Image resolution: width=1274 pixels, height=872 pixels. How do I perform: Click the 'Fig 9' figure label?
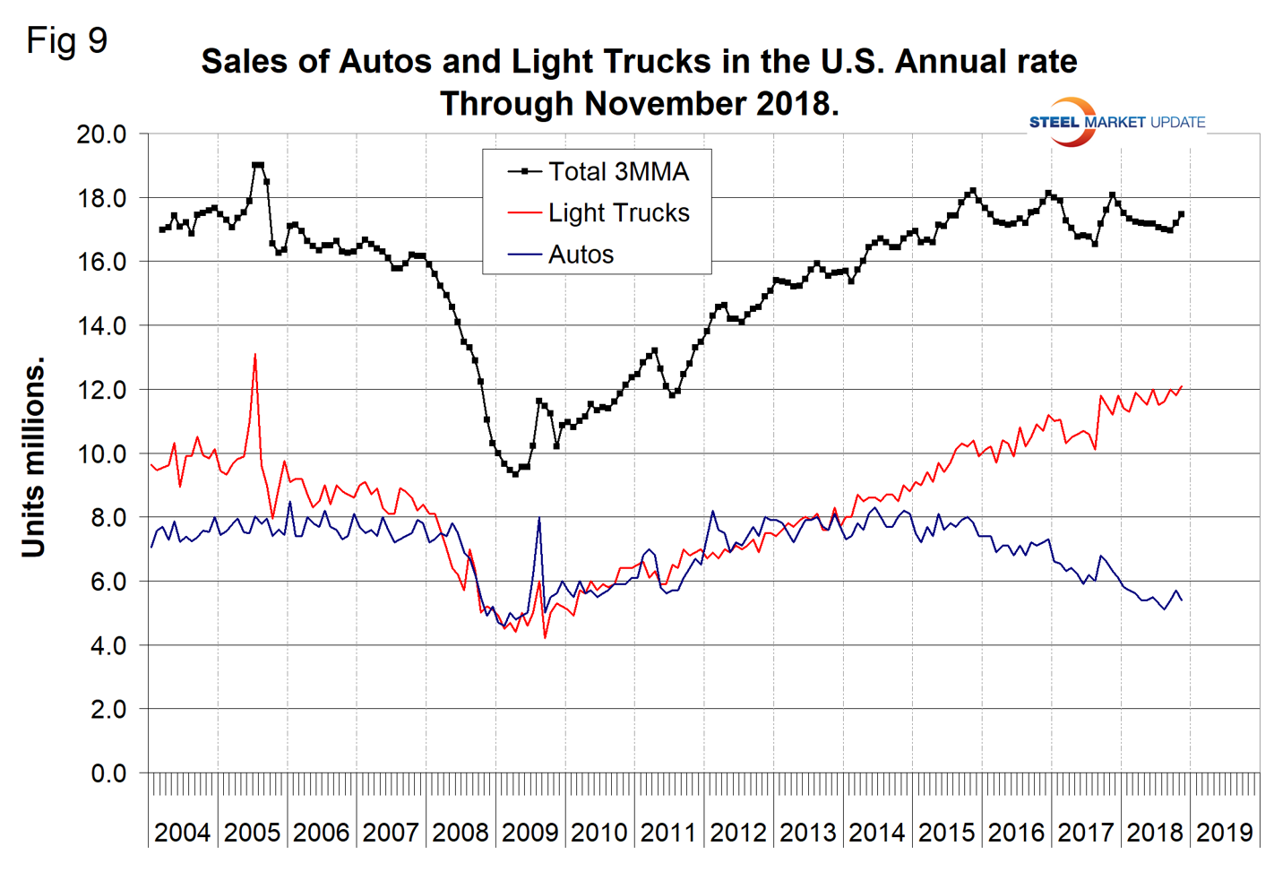pyautogui.click(x=67, y=40)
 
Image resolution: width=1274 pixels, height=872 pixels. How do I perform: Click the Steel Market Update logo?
pyautogui.click(x=1116, y=122)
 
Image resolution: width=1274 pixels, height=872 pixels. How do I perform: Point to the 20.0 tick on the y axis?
pyautogui.click(x=101, y=134)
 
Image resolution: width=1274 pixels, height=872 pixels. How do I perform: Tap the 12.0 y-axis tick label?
pyautogui.click(x=101, y=390)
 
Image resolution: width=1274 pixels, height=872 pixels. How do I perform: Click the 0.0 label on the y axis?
pyautogui.click(x=108, y=773)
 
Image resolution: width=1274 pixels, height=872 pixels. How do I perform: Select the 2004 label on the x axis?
pyautogui.click(x=182, y=833)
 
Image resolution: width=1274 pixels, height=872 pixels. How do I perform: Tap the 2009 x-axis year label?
pyautogui.click(x=529, y=833)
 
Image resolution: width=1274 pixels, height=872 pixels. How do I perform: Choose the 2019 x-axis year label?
pyautogui.click(x=1224, y=833)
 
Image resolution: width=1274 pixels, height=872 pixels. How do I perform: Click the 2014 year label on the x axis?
pyautogui.click(x=876, y=833)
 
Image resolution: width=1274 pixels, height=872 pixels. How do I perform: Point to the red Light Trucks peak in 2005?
pyautogui.click(x=255, y=355)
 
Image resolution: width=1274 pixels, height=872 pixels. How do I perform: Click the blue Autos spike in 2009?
pyautogui.click(x=538, y=518)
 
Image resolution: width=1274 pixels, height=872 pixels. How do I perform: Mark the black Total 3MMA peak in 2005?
pyautogui.click(x=258, y=165)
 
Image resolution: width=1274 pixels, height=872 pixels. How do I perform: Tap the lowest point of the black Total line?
pyautogui.click(x=515, y=473)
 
